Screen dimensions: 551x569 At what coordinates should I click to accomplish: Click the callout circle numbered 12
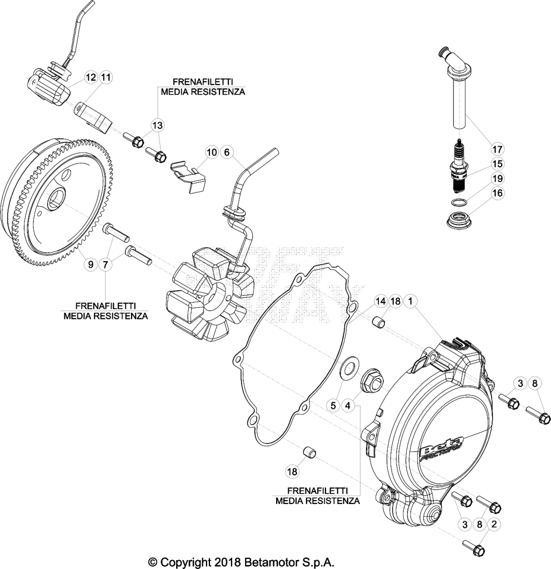(91, 77)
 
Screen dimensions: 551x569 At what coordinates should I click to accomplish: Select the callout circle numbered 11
(106, 77)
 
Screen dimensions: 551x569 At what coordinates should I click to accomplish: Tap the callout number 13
(158, 126)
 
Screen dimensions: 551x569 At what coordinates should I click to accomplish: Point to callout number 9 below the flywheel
(91, 265)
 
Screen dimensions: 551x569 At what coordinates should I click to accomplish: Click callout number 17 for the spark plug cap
(497, 149)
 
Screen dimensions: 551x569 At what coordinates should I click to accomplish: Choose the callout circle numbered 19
(497, 178)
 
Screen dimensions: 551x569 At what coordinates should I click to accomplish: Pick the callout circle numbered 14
(380, 301)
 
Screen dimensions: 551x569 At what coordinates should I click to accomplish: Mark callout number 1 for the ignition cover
(410, 301)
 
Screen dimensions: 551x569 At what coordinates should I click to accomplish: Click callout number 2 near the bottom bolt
(494, 524)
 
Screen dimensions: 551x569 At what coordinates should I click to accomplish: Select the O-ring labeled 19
(459, 202)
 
